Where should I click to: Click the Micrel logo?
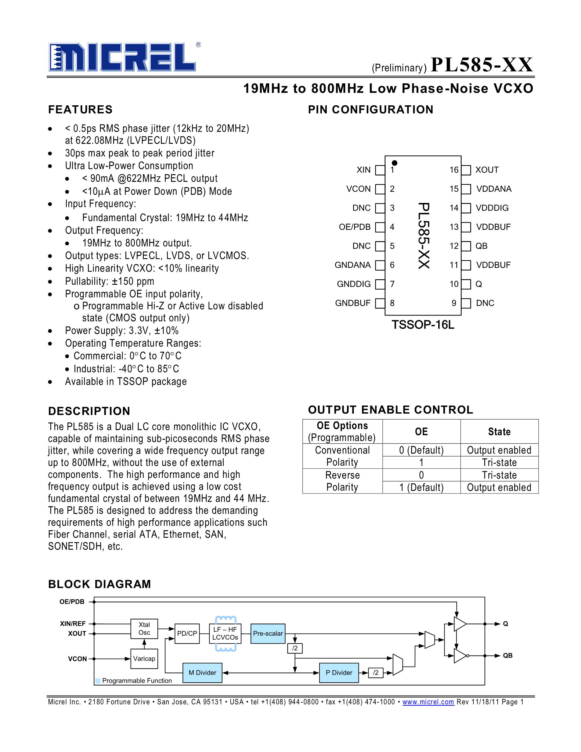122,57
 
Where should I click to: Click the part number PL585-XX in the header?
481,65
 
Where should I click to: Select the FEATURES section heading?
80,110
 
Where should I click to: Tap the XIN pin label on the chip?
363,170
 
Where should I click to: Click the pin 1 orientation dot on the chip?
395,163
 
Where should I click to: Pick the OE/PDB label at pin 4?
355,227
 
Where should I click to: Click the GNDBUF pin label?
353,303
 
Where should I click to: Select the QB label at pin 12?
481,246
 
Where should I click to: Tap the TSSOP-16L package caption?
423,325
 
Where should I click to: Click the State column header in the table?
499,432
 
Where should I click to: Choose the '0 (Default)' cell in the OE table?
421,450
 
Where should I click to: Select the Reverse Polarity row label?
342,481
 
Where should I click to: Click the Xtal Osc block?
144,629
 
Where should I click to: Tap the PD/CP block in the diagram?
187,634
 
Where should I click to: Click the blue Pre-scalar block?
268,634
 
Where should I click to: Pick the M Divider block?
202,672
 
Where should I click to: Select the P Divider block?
339,672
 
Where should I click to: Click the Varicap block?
144,659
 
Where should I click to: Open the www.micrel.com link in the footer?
428,702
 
